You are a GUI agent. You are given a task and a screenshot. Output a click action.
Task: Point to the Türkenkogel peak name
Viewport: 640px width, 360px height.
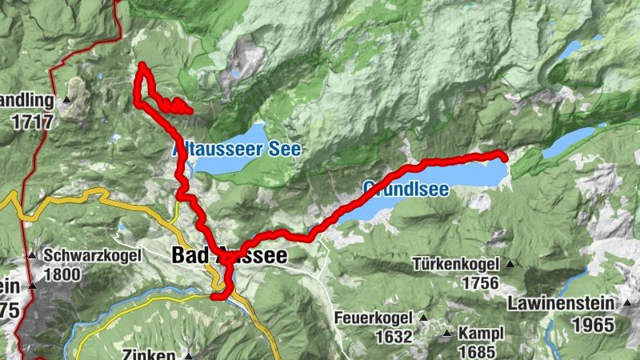point(457,264)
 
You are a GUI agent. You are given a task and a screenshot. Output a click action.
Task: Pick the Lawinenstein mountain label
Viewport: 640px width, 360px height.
point(561,304)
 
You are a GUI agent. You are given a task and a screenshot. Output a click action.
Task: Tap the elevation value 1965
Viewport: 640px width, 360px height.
point(594,325)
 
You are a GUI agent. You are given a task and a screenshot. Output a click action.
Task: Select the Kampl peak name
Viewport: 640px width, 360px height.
point(480,330)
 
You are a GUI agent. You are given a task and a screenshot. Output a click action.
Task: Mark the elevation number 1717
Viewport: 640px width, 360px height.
point(33,122)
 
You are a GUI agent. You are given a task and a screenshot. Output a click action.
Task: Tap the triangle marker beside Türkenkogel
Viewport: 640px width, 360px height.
point(510,263)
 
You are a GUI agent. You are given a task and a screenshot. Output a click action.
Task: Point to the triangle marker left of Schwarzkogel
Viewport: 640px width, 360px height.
point(32,256)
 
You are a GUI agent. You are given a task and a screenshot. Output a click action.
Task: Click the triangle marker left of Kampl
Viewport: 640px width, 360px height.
point(446,331)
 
